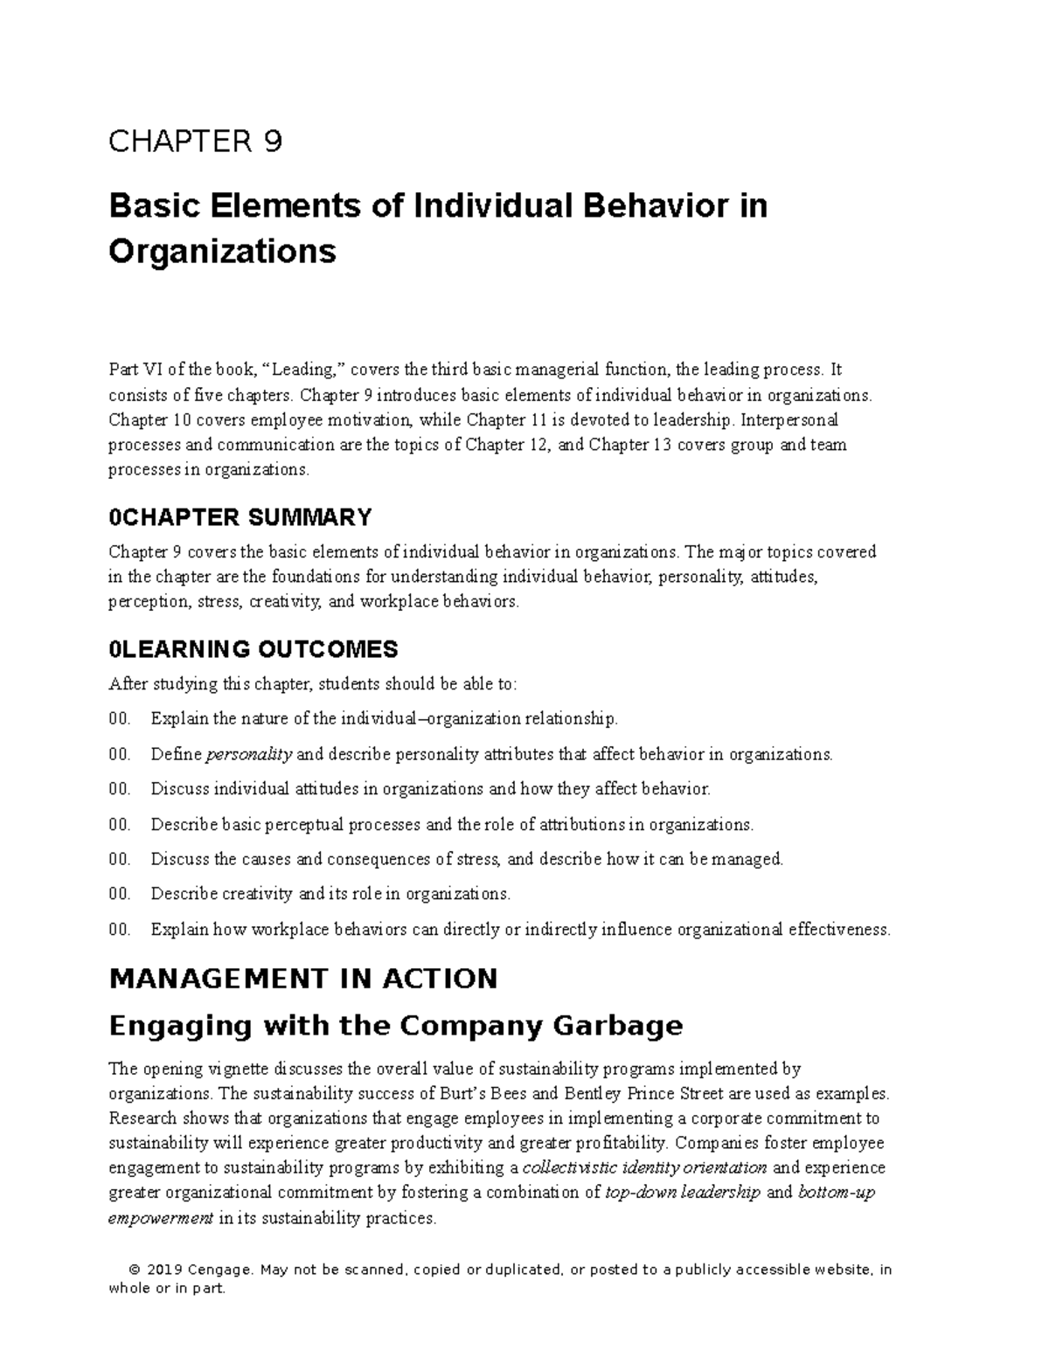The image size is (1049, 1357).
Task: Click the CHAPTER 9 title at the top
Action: pyautogui.click(x=195, y=142)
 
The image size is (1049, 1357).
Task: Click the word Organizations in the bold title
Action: pyautogui.click(x=222, y=252)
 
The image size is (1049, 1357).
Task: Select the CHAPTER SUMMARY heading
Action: pyautogui.click(x=240, y=517)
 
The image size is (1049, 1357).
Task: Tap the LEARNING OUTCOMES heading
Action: pyautogui.click(x=254, y=649)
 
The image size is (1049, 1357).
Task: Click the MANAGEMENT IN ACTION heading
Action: pyautogui.click(x=302, y=979)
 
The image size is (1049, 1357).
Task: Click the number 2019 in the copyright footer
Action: pyautogui.click(x=163, y=1270)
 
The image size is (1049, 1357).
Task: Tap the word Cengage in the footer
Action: pyautogui.click(x=222, y=1270)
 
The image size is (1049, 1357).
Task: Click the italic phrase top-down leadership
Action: pyautogui.click(x=683, y=1193)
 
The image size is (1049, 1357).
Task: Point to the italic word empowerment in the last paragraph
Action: pyautogui.click(x=160, y=1218)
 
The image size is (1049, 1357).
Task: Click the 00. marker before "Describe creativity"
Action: pyautogui.click(x=120, y=894)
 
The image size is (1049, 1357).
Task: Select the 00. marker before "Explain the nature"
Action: pyautogui.click(x=120, y=719)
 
